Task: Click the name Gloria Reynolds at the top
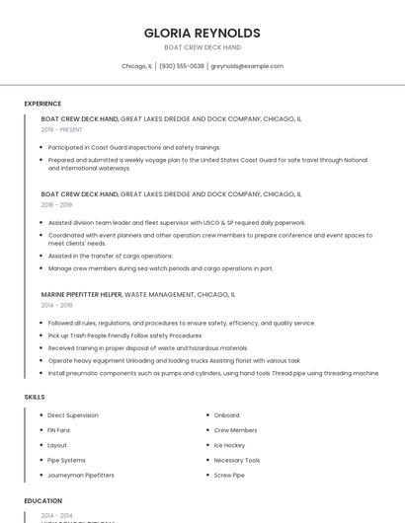pyautogui.click(x=202, y=33)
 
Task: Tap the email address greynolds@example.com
pyautogui.click(x=247, y=66)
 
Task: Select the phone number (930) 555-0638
pyautogui.click(x=182, y=66)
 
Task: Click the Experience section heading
pyautogui.click(x=42, y=104)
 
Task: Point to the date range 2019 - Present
pyautogui.click(x=62, y=129)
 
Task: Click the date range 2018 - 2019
pyautogui.click(x=56, y=204)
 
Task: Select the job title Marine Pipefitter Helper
pyautogui.click(x=82, y=294)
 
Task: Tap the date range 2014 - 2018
pyautogui.click(x=56, y=305)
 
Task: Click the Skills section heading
pyautogui.click(x=35, y=397)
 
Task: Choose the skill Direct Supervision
pyautogui.click(x=73, y=415)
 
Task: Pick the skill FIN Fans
pyautogui.click(x=59, y=430)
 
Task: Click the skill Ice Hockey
pyautogui.click(x=230, y=445)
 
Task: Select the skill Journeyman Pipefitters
pyautogui.click(x=81, y=475)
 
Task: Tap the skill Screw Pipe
pyautogui.click(x=229, y=475)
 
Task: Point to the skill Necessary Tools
pyautogui.click(x=237, y=460)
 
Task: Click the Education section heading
pyautogui.click(x=42, y=501)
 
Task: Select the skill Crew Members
pyautogui.click(x=235, y=430)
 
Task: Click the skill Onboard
pyautogui.click(x=227, y=415)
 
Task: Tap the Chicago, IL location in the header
pyautogui.click(x=136, y=66)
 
